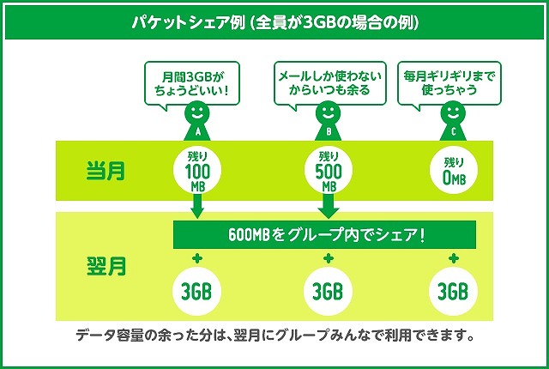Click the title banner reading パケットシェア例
(x=274, y=21)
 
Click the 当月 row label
(x=106, y=170)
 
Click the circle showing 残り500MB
(x=328, y=170)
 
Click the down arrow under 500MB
(x=328, y=206)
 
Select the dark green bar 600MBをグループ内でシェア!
(x=326, y=233)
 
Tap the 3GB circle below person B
(x=328, y=290)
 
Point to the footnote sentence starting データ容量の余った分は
(x=274, y=333)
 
